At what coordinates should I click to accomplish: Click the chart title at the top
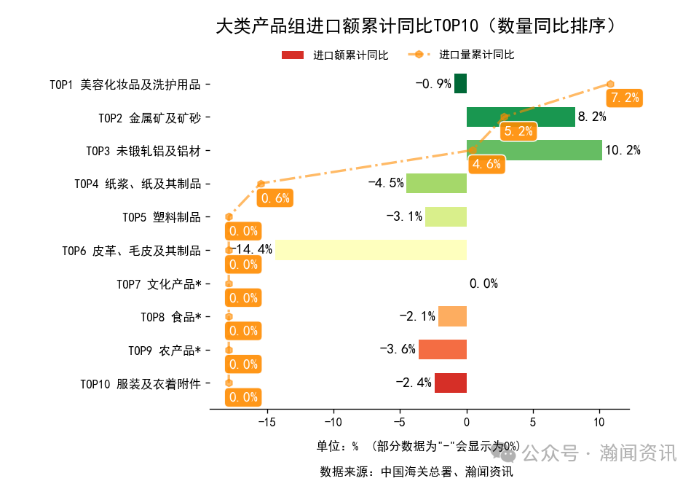(x=419, y=27)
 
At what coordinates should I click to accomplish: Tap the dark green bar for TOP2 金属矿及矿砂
(x=521, y=117)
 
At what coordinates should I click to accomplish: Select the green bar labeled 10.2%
(x=534, y=150)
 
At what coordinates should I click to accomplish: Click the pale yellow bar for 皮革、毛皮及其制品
(x=371, y=250)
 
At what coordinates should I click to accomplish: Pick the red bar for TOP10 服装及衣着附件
(x=451, y=383)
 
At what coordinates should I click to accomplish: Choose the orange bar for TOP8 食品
(x=452, y=316)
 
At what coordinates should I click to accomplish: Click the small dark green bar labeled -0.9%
(x=460, y=83)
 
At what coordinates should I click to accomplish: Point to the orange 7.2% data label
(x=625, y=98)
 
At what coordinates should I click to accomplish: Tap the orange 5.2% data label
(x=518, y=131)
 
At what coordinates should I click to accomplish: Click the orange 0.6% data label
(x=275, y=198)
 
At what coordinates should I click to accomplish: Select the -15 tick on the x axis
(x=266, y=421)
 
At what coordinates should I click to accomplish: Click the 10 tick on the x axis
(x=599, y=421)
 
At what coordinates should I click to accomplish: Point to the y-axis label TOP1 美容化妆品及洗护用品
(x=125, y=84)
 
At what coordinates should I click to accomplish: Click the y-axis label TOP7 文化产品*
(x=159, y=283)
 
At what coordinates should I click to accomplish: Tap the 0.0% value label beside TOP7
(x=483, y=283)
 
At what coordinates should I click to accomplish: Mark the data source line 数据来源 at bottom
(x=416, y=472)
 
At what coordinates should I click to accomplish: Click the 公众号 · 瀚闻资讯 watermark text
(x=600, y=453)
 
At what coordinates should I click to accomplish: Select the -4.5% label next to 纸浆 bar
(x=386, y=183)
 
